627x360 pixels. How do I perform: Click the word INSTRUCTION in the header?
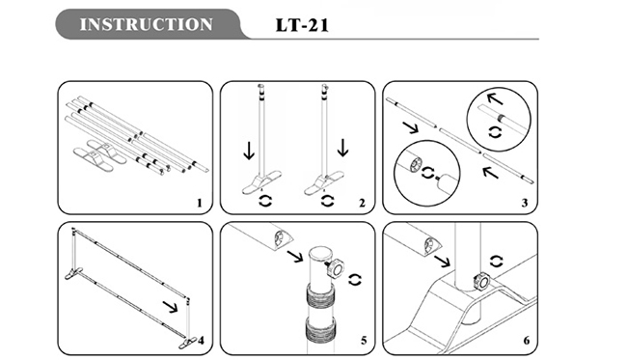pyautogui.click(x=146, y=24)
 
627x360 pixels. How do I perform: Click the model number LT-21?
pyautogui.click(x=302, y=25)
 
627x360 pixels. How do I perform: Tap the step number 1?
pyautogui.click(x=200, y=204)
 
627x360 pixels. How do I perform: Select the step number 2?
pyautogui.click(x=362, y=204)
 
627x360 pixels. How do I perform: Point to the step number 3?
pyautogui.click(x=524, y=204)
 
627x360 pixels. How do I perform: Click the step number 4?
pyautogui.click(x=201, y=341)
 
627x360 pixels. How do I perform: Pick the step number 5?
pyautogui.click(x=364, y=341)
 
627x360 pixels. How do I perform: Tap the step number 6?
pyautogui.click(x=527, y=341)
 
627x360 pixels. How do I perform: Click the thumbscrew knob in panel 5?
pyautogui.click(x=336, y=267)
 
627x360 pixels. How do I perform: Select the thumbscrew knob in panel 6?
pyautogui.click(x=480, y=281)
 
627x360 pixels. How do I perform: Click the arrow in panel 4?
pyautogui.click(x=171, y=307)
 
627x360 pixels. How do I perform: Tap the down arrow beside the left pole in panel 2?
pyautogui.click(x=249, y=151)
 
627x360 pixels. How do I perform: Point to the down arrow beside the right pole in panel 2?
pyautogui.click(x=342, y=148)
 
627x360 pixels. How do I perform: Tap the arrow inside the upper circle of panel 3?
pyautogui.click(x=494, y=98)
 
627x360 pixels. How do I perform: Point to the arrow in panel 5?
pyautogui.click(x=295, y=256)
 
